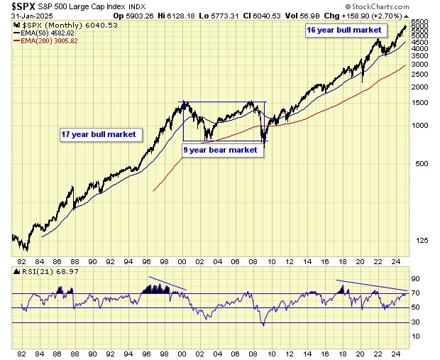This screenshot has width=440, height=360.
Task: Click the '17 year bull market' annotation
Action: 98,133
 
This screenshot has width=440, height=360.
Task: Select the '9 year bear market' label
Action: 220,150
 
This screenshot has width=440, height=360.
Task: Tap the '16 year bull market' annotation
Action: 344,31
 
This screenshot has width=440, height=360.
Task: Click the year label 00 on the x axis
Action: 183,353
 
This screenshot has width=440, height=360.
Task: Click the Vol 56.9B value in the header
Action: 342,16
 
